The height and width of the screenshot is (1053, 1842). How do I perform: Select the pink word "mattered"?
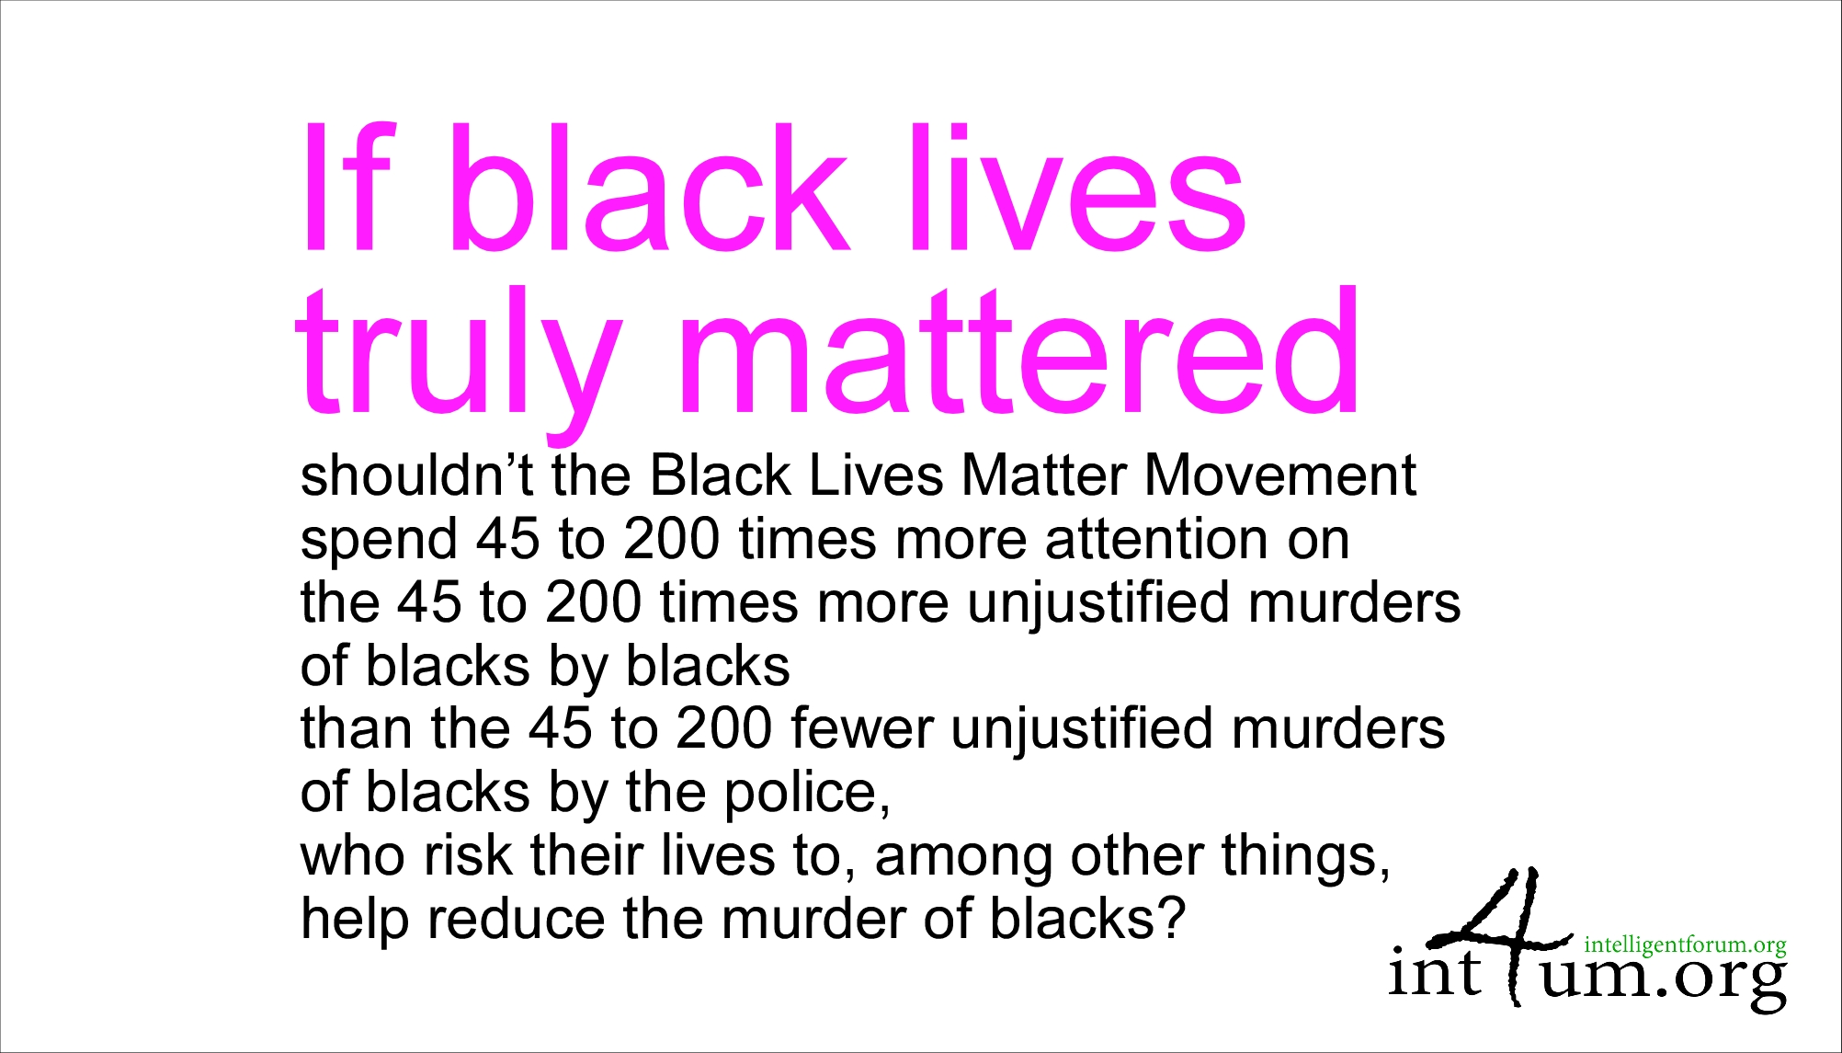tap(1020, 349)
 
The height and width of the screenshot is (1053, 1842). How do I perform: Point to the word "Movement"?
tap(1279, 475)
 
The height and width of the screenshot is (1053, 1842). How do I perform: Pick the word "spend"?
tap(379, 541)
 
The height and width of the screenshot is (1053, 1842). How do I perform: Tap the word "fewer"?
tap(861, 728)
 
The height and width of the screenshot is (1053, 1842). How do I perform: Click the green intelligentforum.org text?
tap(1685, 945)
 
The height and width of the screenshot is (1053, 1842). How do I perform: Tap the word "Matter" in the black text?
tap(1043, 475)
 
